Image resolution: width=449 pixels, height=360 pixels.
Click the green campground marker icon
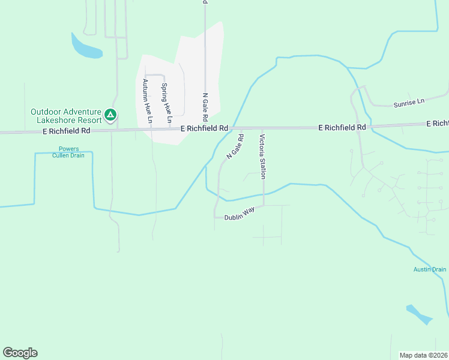pyautogui.click(x=110, y=114)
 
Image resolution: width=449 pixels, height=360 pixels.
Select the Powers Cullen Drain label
pyautogui.click(x=71, y=152)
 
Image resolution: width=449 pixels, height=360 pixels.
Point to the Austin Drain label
pyautogui.click(x=430, y=269)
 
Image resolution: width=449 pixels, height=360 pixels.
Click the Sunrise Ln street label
pyautogui.click(x=409, y=104)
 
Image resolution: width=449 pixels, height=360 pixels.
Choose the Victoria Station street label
pyautogui.click(x=262, y=156)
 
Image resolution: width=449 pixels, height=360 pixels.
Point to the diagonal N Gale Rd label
pyautogui.click(x=235, y=147)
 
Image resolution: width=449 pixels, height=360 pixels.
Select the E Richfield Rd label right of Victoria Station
pyautogui.click(x=342, y=127)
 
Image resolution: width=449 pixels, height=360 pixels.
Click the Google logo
pyautogui.click(x=20, y=353)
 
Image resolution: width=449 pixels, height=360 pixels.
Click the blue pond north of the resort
pyautogui.click(x=86, y=47)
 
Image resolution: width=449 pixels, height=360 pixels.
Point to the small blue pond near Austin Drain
pyautogui.click(x=419, y=314)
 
